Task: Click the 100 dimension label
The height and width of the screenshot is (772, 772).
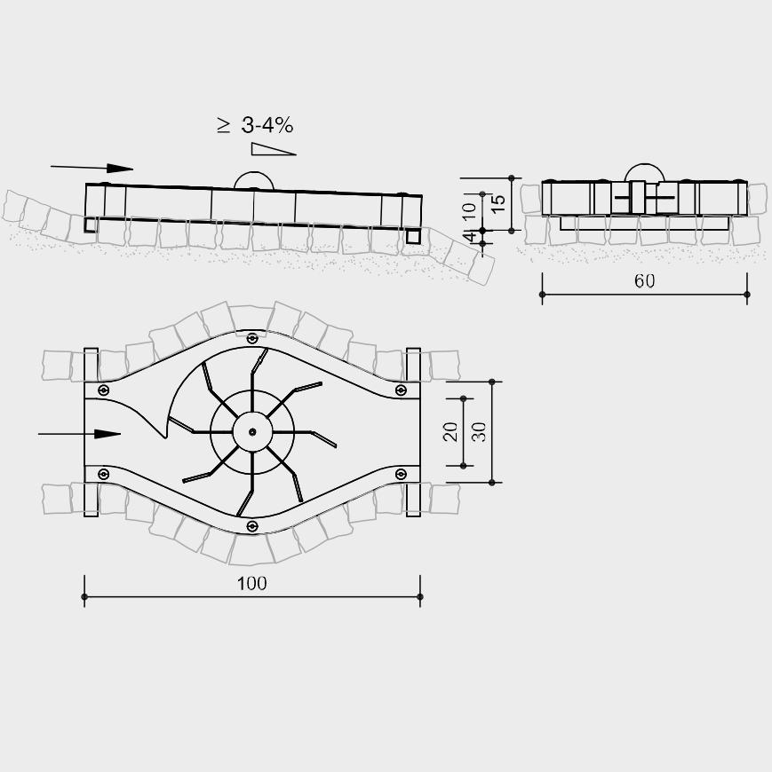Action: click(252, 583)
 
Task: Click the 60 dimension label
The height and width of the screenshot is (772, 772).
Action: click(644, 280)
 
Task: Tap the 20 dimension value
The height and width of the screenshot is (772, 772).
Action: click(450, 432)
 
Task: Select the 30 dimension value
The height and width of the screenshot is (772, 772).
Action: click(479, 432)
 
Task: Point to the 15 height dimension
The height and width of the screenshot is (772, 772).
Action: click(498, 203)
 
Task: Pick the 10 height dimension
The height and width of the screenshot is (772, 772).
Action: click(469, 211)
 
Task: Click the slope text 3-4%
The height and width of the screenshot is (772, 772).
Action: click(267, 125)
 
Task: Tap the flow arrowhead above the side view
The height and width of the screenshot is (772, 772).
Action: click(120, 169)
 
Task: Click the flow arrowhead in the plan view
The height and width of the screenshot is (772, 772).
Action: click(107, 434)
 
